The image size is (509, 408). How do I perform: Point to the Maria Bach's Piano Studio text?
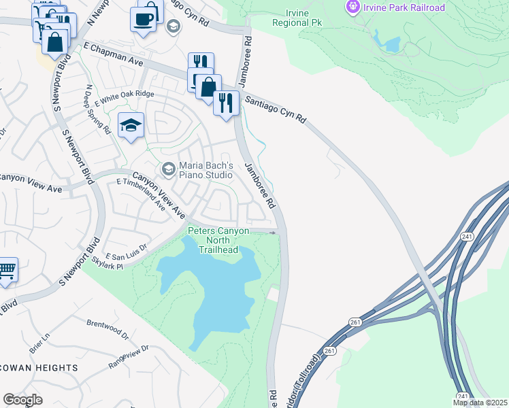(206, 171)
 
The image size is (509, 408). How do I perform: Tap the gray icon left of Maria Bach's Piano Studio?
(167, 168)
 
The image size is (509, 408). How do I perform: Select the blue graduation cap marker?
(131, 125)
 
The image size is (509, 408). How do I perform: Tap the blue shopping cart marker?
(6, 271)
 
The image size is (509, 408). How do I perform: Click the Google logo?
(22, 399)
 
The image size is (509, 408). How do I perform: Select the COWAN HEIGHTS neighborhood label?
(39, 368)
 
